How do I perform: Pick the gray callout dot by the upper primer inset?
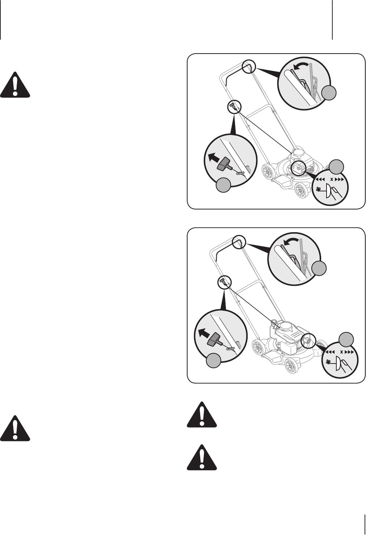click(x=336, y=167)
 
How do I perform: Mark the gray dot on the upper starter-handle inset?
click(x=224, y=185)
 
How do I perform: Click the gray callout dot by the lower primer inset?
click(x=346, y=339)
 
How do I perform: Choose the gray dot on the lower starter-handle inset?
click(x=214, y=361)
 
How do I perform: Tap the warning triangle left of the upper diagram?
click(x=15, y=85)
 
